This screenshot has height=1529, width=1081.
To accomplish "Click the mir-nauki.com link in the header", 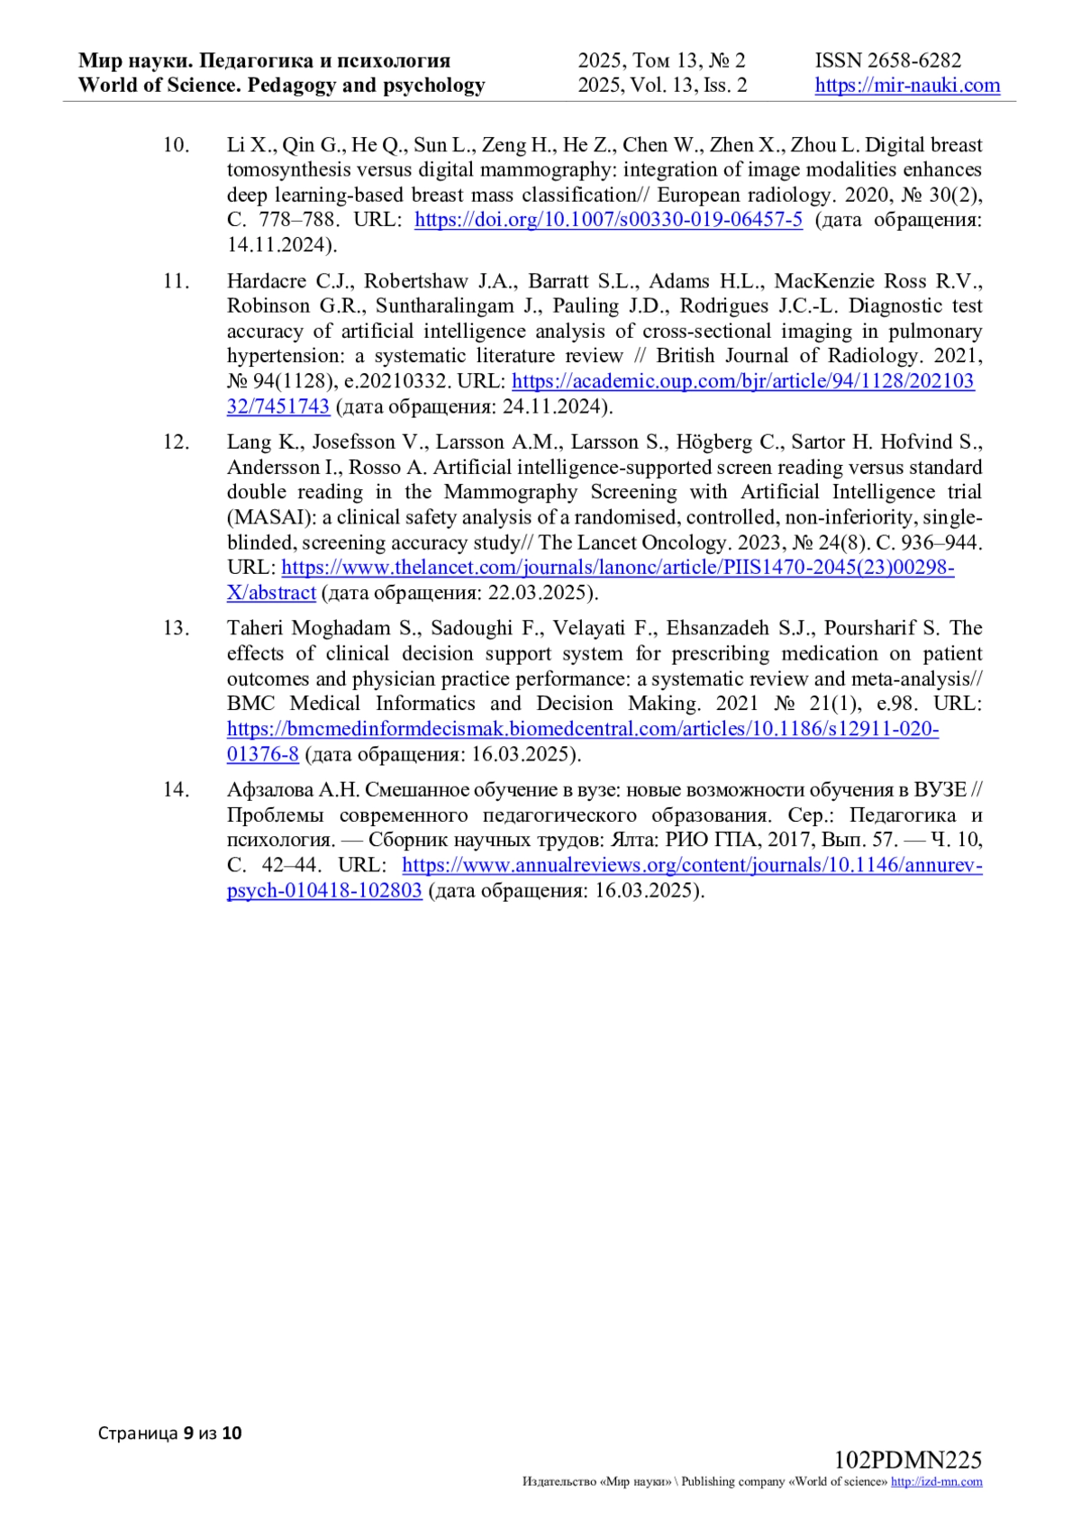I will (x=907, y=86).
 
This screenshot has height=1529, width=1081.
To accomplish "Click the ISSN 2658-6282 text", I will (x=888, y=60).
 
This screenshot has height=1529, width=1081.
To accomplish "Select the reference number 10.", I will (x=176, y=145).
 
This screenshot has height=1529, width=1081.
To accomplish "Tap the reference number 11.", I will (x=176, y=281).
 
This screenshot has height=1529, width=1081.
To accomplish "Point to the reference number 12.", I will (x=176, y=442).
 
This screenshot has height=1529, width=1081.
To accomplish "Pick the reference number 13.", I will (x=176, y=628).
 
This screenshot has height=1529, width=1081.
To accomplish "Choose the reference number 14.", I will (x=176, y=790).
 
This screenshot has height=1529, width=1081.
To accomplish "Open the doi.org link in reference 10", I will (x=608, y=220).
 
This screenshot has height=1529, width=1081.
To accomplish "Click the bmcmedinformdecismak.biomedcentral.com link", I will (x=583, y=729).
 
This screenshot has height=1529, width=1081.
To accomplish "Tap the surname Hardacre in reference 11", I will (x=266, y=281).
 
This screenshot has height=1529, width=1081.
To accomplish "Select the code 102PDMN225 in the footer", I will (x=907, y=1461).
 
